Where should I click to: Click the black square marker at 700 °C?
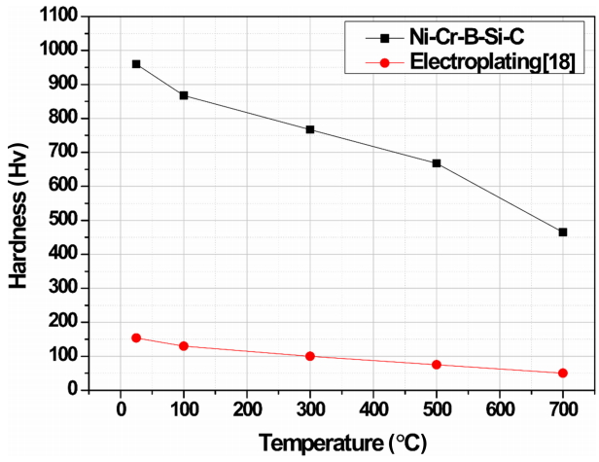click(x=563, y=232)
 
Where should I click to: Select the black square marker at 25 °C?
click(x=136, y=64)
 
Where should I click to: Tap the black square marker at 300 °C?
click(x=310, y=129)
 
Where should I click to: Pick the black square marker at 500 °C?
click(x=437, y=163)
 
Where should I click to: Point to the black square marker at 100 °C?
click(x=184, y=95)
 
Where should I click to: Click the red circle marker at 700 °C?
click(x=563, y=373)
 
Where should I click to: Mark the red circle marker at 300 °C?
click(x=310, y=356)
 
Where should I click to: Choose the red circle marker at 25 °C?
click(x=136, y=338)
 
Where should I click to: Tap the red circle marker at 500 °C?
click(x=437, y=365)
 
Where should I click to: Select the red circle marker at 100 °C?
click(x=184, y=346)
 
